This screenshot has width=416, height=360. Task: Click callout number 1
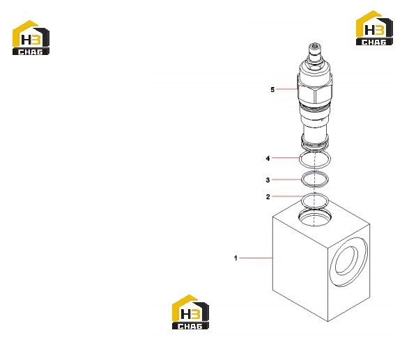(x=236, y=258)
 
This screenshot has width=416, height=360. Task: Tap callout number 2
(x=268, y=196)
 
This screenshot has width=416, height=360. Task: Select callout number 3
(x=268, y=180)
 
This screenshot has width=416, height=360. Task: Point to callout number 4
(x=268, y=158)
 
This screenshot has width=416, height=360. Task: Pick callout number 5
(x=272, y=90)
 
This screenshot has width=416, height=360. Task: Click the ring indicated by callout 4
(x=300, y=159)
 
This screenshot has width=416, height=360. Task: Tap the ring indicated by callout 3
(x=302, y=180)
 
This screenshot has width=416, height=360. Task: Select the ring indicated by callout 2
(x=302, y=200)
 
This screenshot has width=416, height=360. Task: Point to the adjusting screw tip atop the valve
(x=315, y=47)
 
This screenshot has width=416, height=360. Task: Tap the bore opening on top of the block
(x=315, y=217)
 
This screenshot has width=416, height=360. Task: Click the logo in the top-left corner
(x=31, y=38)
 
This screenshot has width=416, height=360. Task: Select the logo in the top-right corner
(x=374, y=28)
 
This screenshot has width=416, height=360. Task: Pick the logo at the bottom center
(x=190, y=312)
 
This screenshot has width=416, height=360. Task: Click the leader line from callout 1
(x=256, y=258)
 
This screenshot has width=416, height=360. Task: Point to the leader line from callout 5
(x=286, y=89)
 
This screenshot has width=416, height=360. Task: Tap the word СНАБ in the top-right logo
(x=374, y=42)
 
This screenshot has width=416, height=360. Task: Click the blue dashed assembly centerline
(x=314, y=189)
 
